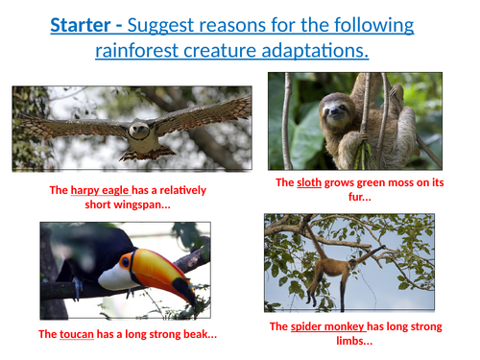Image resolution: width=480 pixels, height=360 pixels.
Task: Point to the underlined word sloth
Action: click(309, 182)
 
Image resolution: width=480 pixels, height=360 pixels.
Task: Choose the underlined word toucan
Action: click(77, 334)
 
